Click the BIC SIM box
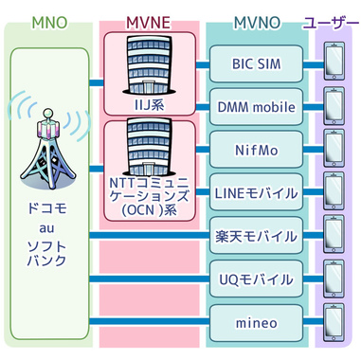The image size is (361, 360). click(253, 63)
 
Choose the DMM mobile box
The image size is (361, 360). click(253, 106)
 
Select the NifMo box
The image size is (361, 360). click(253, 149)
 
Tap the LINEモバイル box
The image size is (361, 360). click(253, 192)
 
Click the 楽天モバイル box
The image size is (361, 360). click(253, 236)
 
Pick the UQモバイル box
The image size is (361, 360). click(253, 279)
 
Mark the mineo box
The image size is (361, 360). click(253, 323)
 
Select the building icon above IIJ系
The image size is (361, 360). click(150, 64)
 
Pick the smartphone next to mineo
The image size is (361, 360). click(333, 323)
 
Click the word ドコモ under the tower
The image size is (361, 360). click(47, 206)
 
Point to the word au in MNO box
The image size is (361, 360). click(47, 227)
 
